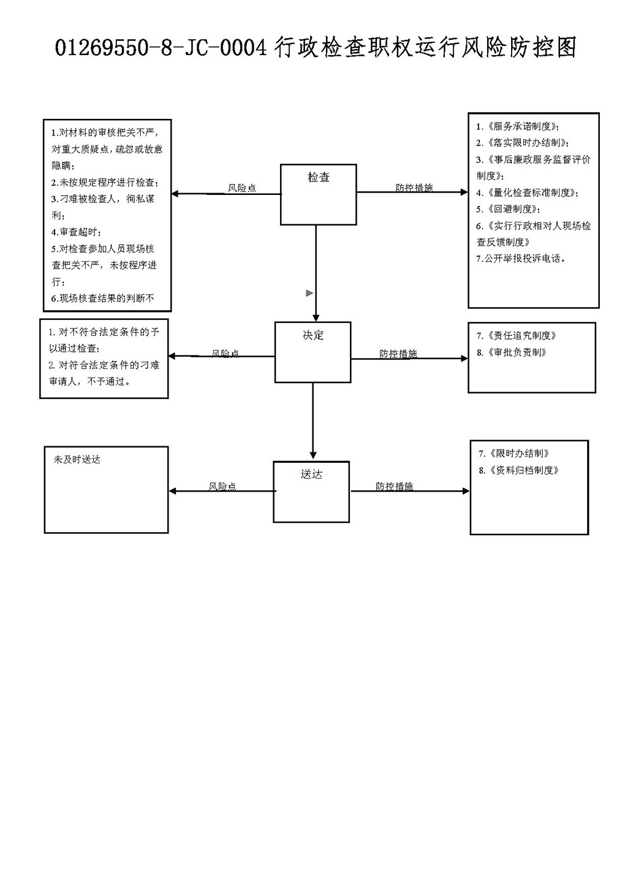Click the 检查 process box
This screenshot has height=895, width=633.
[x=318, y=194]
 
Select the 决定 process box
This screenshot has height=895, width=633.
[x=313, y=352]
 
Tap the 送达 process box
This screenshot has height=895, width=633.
[x=311, y=492]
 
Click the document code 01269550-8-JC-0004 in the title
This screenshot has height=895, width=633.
[x=161, y=48]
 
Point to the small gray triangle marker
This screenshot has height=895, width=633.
[x=309, y=293]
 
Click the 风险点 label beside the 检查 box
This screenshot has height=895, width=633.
[x=241, y=188]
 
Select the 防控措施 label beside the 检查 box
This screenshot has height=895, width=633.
[x=414, y=188]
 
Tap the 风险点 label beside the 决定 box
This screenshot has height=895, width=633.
[x=226, y=353]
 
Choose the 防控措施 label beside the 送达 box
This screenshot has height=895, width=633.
[x=394, y=486]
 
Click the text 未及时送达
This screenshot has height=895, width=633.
[x=77, y=460]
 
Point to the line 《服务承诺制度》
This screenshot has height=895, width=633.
[x=518, y=126]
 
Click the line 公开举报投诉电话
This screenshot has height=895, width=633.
[x=521, y=259]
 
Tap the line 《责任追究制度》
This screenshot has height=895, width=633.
[x=517, y=336]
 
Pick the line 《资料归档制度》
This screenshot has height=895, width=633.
[x=519, y=470]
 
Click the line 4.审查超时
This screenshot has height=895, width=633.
[x=76, y=232]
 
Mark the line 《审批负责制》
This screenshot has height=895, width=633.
[x=512, y=352]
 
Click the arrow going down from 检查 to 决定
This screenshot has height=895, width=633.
[x=316, y=273]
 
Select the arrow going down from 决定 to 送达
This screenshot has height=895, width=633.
[x=313, y=421]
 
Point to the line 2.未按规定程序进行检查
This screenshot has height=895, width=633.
[x=105, y=183]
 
